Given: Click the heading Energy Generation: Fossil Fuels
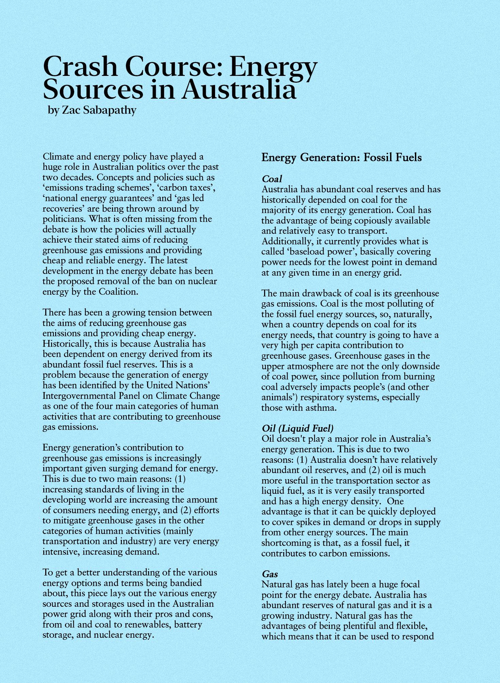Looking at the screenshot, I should tap(341, 158).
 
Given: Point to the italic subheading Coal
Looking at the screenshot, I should tap(272, 179).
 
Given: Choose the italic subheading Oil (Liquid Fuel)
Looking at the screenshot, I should tap(297, 428).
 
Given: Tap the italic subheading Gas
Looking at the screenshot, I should tap(270, 574).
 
